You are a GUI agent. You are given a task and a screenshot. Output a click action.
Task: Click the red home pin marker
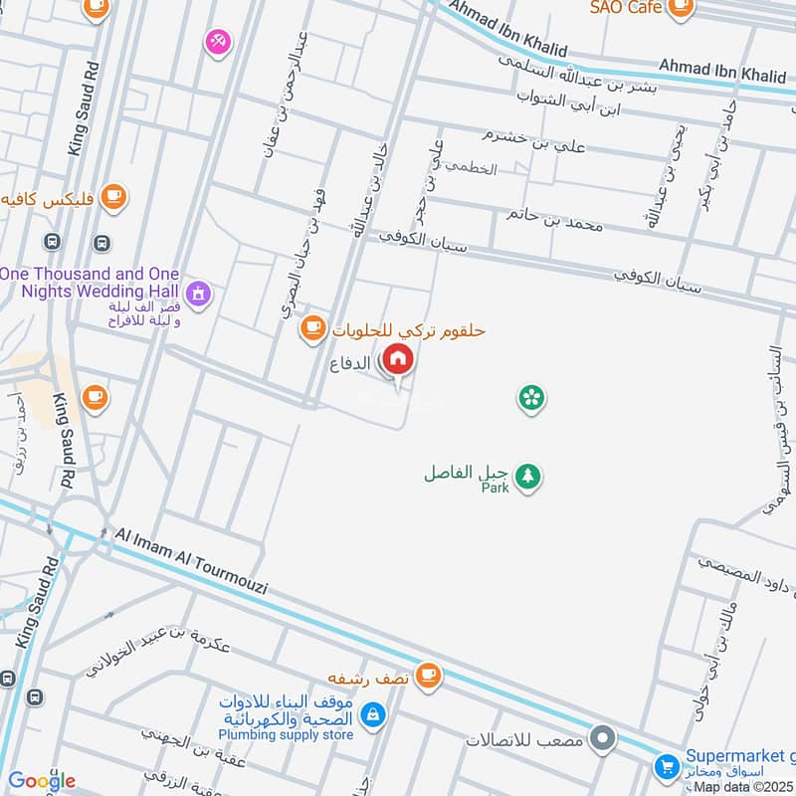(x=397, y=360)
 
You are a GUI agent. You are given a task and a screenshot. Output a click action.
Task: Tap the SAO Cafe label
(x=625, y=7)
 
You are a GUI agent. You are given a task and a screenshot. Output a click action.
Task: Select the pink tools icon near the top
(x=217, y=41)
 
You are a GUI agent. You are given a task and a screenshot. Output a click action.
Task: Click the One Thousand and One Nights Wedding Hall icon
(x=199, y=293)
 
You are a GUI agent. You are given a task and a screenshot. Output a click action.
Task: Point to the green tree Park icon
(x=529, y=477)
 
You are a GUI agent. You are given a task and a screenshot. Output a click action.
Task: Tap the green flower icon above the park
(x=531, y=399)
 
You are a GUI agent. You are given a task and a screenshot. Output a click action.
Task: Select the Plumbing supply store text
(x=287, y=734)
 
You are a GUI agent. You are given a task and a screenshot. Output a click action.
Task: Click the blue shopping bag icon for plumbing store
(x=372, y=713)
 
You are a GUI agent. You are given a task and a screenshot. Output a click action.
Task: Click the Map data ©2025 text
(x=742, y=787)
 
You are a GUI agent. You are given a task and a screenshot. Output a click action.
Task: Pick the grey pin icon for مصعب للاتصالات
(x=602, y=739)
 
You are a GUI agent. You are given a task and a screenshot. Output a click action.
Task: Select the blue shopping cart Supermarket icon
(x=666, y=767)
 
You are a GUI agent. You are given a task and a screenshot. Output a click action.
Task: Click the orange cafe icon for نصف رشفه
(x=428, y=675)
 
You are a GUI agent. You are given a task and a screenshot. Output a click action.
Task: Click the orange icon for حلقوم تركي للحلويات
(x=312, y=326)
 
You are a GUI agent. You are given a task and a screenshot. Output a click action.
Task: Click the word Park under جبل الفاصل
(x=495, y=488)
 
